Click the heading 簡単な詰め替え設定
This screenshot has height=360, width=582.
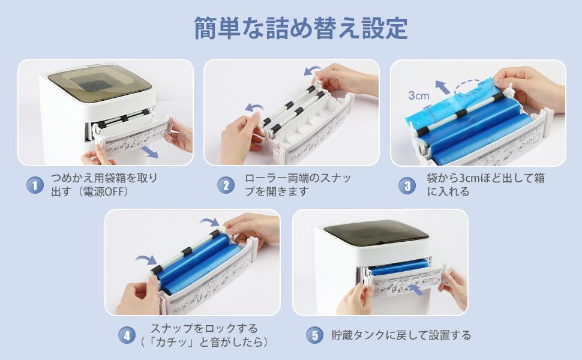(x=301, y=28)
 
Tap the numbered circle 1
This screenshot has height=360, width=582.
(x=35, y=185)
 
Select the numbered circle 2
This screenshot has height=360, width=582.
(x=226, y=185)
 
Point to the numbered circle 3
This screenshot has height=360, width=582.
(x=407, y=185)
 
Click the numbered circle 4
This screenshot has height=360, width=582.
(x=127, y=335)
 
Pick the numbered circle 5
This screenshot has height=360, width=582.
(x=315, y=335)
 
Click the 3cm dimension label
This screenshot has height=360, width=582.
(x=419, y=95)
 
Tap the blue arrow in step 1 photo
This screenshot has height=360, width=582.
(x=149, y=151)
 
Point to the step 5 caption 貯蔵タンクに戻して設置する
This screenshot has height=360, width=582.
(x=401, y=335)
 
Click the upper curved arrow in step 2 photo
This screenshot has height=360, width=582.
(x=313, y=71)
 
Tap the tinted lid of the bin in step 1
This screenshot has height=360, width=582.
(x=100, y=82)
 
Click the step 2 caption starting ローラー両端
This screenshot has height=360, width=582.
(x=298, y=185)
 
